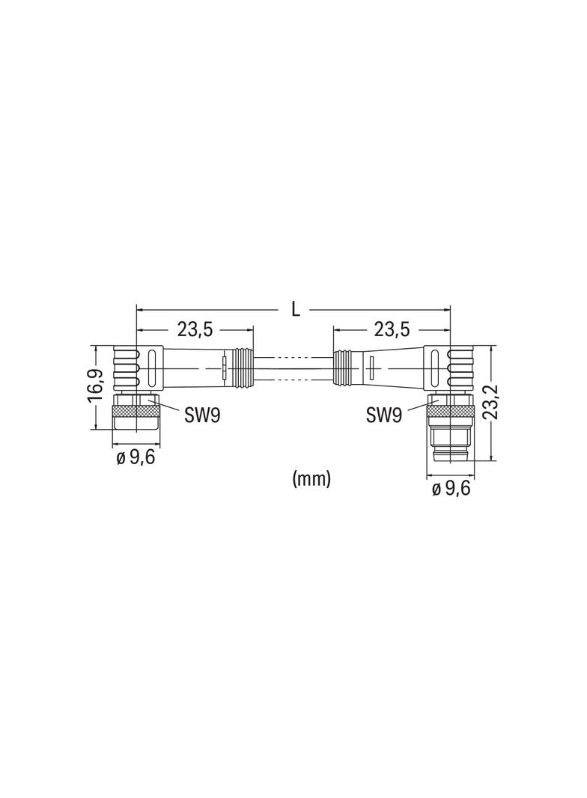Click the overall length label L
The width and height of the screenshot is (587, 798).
coord(295,309)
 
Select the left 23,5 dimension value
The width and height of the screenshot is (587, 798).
coord(195,330)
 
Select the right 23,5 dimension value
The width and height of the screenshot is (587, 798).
coord(392,330)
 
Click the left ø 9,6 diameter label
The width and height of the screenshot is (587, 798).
coord(136,457)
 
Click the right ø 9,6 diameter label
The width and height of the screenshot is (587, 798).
coord(451,489)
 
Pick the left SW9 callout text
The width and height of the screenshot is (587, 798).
coord(201,415)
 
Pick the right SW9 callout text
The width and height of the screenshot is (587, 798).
coord(384,415)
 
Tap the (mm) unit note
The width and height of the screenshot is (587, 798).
coord(311,478)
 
